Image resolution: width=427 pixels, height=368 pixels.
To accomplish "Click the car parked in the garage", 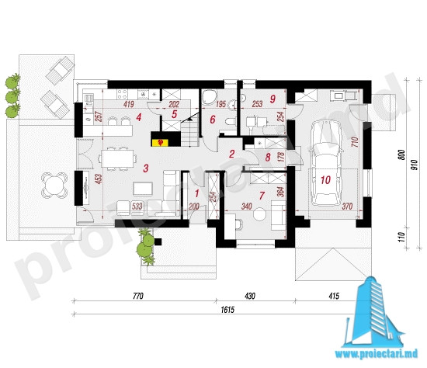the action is click(x=326, y=163).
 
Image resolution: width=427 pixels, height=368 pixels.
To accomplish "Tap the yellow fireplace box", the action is click(x=161, y=142).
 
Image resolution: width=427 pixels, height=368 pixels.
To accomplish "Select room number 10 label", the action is click(x=326, y=180).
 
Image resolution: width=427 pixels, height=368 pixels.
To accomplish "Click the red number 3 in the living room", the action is click(x=146, y=168).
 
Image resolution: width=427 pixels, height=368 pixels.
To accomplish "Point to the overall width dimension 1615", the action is click(x=227, y=310).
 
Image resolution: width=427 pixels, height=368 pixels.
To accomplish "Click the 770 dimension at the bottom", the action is click(x=138, y=296).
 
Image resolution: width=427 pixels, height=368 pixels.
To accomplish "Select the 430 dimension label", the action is click(x=250, y=296).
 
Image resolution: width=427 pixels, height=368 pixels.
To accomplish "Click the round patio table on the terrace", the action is click(x=54, y=186).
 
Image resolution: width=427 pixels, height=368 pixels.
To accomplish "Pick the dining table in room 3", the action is click(x=118, y=158).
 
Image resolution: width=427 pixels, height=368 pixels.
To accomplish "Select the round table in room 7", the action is click(x=259, y=214).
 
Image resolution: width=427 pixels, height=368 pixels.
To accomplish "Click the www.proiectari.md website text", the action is click(x=376, y=353).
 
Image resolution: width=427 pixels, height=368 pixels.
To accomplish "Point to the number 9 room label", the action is click(x=273, y=99).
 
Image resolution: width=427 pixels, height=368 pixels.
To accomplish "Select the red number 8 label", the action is click(x=268, y=157).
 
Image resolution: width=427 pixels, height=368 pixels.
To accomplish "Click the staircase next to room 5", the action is click(x=189, y=130).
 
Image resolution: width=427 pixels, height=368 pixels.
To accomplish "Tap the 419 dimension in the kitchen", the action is click(x=129, y=104).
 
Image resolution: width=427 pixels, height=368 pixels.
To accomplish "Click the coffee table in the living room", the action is click(x=143, y=189).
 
